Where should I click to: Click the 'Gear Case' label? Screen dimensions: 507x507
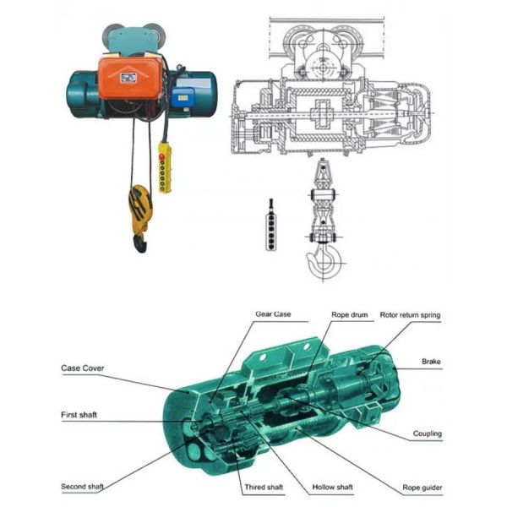[x=273, y=314]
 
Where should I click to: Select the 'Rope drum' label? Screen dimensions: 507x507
[x=350, y=314]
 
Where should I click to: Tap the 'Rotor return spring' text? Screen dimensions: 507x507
[x=410, y=315]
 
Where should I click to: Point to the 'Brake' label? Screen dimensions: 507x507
[x=431, y=362]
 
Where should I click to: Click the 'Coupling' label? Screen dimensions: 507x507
[x=427, y=433]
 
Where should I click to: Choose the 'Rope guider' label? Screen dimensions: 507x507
[x=422, y=488]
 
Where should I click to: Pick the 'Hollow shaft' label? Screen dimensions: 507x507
[x=332, y=487]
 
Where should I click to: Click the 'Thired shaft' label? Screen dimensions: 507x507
[x=264, y=487]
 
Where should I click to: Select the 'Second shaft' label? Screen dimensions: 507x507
[x=83, y=487]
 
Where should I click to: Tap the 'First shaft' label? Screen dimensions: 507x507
[x=79, y=415]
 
